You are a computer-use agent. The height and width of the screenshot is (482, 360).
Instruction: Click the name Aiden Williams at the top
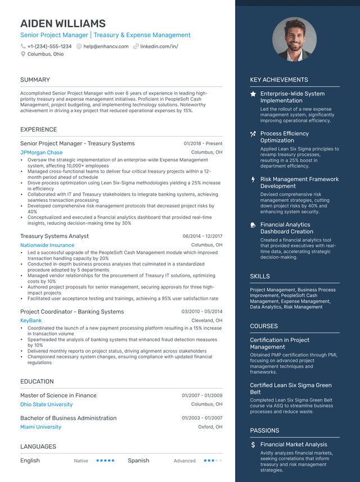click(x=63, y=24)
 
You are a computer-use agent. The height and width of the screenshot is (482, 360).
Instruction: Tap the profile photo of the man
click(x=294, y=39)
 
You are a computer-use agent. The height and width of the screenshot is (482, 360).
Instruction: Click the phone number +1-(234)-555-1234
click(x=49, y=47)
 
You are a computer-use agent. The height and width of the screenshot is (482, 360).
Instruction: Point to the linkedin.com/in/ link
click(x=159, y=47)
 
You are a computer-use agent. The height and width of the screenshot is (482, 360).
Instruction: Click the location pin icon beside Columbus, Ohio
click(x=23, y=55)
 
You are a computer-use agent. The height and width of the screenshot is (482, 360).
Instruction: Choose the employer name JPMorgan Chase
click(x=41, y=152)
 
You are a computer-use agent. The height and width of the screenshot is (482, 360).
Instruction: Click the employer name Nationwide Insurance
click(x=47, y=245)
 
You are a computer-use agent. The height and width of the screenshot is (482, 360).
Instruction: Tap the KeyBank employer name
click(x=31, y=321)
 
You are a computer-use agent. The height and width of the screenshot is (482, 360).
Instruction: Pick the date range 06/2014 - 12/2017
click(x=202, y=236)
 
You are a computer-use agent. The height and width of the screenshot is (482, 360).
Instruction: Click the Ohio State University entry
click(x=46, y=404)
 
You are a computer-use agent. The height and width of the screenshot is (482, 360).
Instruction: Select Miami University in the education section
click(x=40, y=427)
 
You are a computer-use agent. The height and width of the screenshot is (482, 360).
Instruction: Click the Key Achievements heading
click(x=279, y=80)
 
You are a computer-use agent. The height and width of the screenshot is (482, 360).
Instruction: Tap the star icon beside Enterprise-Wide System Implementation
click(x=253, y=94)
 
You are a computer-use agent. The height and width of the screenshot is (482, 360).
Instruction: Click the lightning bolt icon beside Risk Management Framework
click(x=253, y=179)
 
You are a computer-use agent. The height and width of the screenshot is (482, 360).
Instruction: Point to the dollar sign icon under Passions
click(x=253, y=444)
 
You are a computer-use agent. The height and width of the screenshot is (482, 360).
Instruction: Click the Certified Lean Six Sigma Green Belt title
click(x=291, y=389)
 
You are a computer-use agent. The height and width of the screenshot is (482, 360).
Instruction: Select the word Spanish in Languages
click(x=138, y=461)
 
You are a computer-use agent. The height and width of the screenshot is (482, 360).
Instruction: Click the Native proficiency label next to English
click(x=81, y=461)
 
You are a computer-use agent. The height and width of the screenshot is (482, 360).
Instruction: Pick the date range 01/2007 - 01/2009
click(x=202, y=395)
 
